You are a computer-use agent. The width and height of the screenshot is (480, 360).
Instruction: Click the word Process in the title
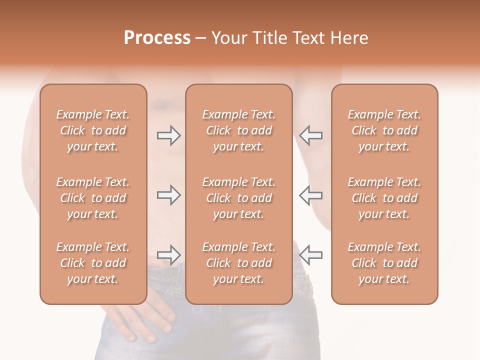click(157, 38)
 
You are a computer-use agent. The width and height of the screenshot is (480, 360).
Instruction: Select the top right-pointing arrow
click(168, 135)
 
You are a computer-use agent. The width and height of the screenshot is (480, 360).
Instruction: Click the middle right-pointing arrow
click(168, 195)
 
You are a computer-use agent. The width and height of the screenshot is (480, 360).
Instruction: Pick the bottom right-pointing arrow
click(168, 255)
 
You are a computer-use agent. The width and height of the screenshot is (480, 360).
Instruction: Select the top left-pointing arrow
click(311, 135)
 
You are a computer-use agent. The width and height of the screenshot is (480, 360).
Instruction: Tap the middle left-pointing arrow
click(311, 195)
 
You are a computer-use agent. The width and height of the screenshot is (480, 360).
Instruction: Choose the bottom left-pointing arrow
click(311, 255)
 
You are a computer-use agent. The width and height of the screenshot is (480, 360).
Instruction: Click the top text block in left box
click(93, 130)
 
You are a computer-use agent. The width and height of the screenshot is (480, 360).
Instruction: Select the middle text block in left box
click(93, 198)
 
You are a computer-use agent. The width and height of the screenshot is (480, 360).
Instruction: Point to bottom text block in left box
click(93, 263)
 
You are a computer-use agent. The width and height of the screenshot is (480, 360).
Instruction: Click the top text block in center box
click(238, 130)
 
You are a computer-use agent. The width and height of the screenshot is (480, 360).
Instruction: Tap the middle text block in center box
click(238, 198)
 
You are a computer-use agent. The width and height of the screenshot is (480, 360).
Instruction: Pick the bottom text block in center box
click(238, 263)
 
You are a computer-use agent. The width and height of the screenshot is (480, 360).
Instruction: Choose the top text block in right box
click(384, 130)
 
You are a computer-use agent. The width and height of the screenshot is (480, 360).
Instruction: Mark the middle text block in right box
click(384, 198)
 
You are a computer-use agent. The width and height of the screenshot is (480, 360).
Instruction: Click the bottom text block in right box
click(384, 263)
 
